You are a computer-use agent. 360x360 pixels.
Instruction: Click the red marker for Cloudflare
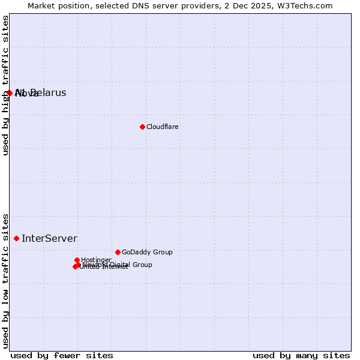point(142,127)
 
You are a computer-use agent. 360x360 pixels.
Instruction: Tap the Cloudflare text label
point(162,127)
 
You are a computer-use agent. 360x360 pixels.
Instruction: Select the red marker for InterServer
point(16,238)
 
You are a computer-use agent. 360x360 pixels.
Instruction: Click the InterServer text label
point(49,238)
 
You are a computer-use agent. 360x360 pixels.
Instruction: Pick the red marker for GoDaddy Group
point(118,252)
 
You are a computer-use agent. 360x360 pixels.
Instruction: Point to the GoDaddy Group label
point(147,252)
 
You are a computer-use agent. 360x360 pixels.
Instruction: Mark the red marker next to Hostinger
point(77,260)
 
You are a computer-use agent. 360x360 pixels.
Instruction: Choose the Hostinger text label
point(96,260)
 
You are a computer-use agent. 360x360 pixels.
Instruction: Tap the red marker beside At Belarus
point(10,92)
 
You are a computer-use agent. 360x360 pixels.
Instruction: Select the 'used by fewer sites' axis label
point(62,355)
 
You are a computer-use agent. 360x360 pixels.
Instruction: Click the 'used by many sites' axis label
point(301,355)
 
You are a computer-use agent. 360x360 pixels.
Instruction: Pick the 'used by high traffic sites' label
point(5,85)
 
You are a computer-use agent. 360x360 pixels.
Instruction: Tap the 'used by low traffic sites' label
point(5,281)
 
